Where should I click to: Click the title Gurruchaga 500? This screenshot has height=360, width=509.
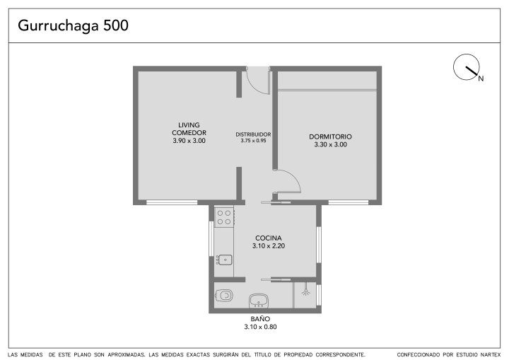click(73, 25)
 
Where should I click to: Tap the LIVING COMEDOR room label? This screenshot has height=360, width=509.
click(189, 129)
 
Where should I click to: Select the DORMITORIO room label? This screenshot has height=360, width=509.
click(330, 137)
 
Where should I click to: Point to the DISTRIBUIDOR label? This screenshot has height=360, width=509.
click(253, 134)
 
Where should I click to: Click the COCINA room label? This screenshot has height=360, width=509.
click(269, 238)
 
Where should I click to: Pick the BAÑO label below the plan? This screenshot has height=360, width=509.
click(260, 319)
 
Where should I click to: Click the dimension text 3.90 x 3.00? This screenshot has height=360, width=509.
click(189, 141)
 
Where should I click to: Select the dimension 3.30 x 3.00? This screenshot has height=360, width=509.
click(330, 144)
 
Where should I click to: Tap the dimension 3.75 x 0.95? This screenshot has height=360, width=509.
click(253, 141)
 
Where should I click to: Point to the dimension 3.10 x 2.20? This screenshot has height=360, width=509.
click(269, 246)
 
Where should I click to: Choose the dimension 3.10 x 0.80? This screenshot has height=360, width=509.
click(260, 327)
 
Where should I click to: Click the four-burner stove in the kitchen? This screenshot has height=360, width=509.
click(224, 217)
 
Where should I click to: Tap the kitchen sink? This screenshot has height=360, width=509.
click(224, 260)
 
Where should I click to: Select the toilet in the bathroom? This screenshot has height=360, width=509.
click(224, 296)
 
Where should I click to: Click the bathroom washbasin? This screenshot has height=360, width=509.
click(259, 301)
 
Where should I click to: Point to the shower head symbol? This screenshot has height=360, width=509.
click(305, 291)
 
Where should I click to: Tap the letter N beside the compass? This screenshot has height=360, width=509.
click(481, 79)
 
